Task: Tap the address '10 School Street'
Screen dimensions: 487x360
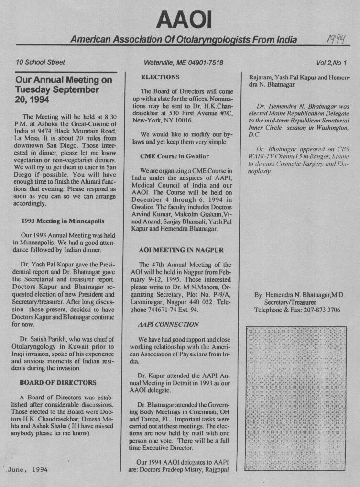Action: (x=40, y=62)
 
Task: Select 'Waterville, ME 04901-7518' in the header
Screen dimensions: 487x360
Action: (x=184, y=62)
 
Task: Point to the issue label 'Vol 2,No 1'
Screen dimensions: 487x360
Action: (x=331, y=62)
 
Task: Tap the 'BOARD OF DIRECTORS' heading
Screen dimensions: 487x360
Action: (x=58, y=383)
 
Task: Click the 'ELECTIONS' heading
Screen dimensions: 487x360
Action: (x=161, y=77)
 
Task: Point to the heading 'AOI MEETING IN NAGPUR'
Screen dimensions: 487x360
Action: (x=181, y=250)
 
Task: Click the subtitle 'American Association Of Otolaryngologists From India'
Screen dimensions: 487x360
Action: (x=184, y=39)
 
